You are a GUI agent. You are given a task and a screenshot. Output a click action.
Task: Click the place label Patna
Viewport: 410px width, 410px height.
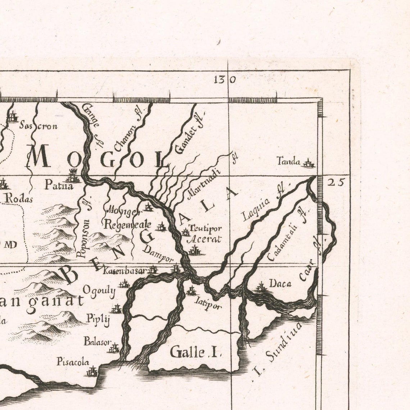tap(59, 186)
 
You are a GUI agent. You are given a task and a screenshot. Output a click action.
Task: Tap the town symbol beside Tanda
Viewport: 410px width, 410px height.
tap(308, 164)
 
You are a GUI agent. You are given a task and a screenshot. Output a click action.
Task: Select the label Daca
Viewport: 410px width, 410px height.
tap(280, 284)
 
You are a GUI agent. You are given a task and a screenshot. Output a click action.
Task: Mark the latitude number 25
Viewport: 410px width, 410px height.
tap(335, 182)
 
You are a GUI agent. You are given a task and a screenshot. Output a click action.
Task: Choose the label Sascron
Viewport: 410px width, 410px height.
tap(38, 126)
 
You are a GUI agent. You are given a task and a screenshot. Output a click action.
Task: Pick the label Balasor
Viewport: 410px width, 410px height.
tap(97, 341)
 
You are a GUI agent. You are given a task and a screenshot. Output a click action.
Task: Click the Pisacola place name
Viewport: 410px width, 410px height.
tap(73, 362)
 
